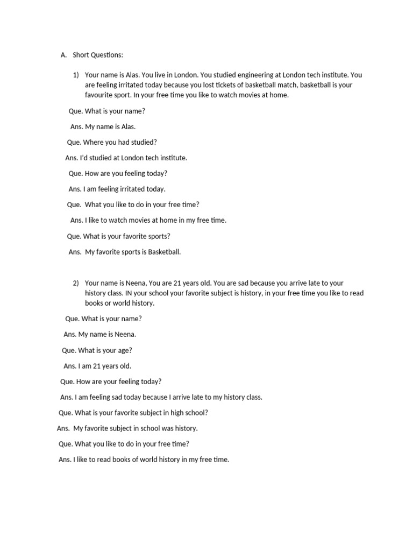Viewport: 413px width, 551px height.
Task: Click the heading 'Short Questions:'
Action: [98, 55]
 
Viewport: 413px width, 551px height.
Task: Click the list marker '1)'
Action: [76, 75]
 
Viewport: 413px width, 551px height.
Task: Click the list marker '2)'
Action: [76, 283]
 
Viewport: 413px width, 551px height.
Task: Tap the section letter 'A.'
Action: [63, 55]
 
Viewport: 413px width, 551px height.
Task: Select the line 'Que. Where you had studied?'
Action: [112, 143]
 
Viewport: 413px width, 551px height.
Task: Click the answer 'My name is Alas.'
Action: [110, 127]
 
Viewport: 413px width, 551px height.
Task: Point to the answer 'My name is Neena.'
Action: [107, 334]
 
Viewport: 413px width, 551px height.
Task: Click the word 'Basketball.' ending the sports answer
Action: [165, 252]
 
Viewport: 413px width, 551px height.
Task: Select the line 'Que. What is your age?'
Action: [97, 350]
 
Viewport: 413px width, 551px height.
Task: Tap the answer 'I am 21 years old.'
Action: [104, 366]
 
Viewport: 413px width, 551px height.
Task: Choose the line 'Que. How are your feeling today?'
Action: [111, 382]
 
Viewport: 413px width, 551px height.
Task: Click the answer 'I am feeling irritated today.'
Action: [124, 189]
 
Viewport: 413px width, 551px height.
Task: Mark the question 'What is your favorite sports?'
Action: [127, 236]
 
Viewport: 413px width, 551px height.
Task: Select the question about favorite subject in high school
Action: [133, 413]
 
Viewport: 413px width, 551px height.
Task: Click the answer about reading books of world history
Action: [151, 460]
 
